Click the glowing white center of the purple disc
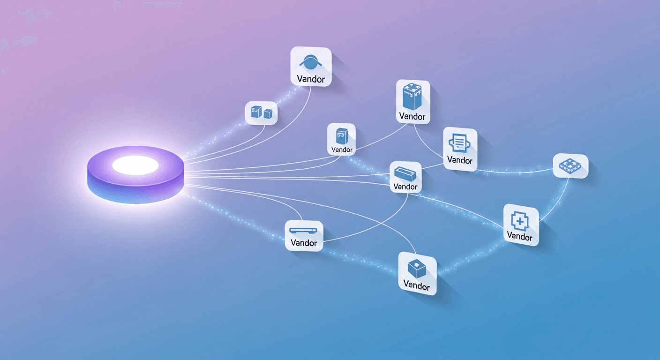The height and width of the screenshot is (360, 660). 135,165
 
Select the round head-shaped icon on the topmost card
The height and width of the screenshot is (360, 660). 311,62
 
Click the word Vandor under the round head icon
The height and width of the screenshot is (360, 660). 311,79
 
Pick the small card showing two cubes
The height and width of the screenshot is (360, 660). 261,113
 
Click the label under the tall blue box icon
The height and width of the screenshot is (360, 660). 412,116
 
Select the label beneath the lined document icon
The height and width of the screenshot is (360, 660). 460,160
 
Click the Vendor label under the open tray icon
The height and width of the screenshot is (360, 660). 405,187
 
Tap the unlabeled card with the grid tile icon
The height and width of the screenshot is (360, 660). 570,165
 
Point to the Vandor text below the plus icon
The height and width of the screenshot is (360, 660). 519,236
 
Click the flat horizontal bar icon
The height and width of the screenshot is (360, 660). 304,231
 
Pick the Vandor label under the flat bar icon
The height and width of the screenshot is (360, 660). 304,243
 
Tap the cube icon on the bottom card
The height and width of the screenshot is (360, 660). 416,269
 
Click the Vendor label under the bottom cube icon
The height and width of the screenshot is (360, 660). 416,285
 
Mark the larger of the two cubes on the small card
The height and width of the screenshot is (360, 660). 255,112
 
